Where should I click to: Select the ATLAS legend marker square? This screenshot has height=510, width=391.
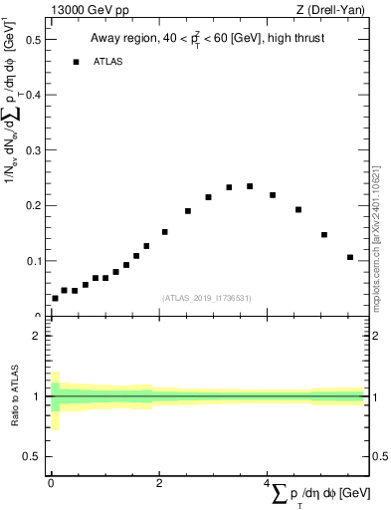click(x=76, y=62)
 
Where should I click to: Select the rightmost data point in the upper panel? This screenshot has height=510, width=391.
click(x=350, y=257)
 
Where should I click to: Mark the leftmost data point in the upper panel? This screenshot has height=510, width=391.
click(x=55, y=298)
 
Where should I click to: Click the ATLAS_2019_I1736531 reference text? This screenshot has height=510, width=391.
click(x=206, y=297)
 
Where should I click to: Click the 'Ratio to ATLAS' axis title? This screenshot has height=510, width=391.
click(x=15, y=396)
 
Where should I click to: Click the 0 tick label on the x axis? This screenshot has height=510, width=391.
click(x=50, y=482)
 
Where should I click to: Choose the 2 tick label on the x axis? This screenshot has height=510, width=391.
click(x=159, y=482)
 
